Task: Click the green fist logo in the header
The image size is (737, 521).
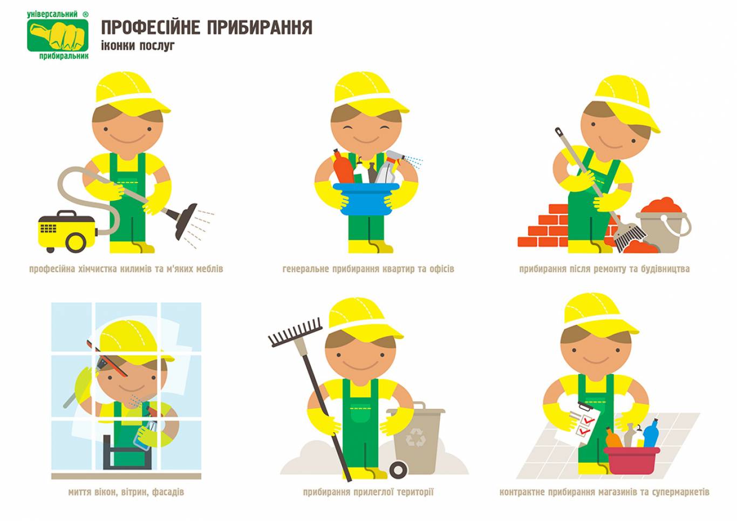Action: click(x=58, y=35)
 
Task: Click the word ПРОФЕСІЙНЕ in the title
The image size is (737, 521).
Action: click(x=151, y=28)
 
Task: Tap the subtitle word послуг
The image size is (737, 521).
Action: click(x=156, y=46)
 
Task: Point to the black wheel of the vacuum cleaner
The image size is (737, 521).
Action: click(x=76, y=243)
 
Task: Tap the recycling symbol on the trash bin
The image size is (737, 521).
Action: click(x=415, y=437)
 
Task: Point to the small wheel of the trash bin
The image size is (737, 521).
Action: click(x=398, y=470)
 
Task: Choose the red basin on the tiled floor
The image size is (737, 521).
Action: click(x=631, y=461)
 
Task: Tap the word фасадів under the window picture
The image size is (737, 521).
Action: click(x=168, y=492)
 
